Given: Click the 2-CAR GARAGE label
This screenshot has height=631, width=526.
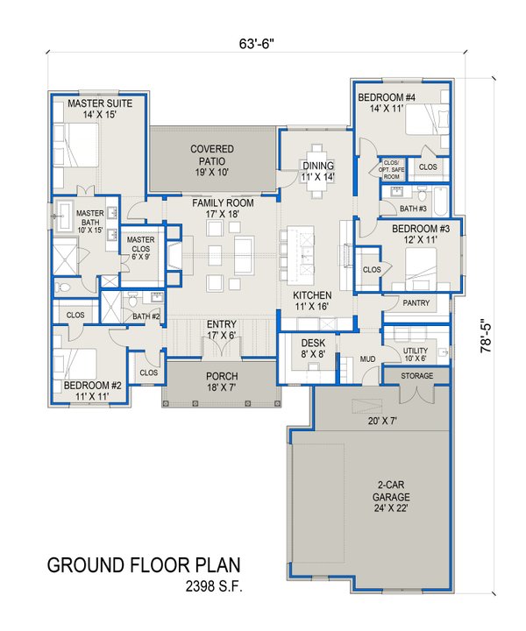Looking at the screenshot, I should point(390,491).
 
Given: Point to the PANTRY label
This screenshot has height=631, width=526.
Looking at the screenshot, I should point(414,302).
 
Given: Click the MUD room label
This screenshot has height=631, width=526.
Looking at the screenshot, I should point(346,358).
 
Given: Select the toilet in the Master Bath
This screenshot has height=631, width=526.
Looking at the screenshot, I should point(64,287).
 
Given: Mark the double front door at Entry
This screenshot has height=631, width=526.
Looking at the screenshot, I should point(216,350).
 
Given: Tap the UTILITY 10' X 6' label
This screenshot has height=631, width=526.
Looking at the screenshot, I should point(415,354).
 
